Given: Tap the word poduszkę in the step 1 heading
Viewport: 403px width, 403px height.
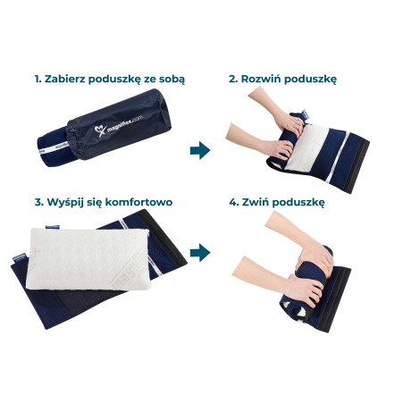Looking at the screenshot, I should pos(118,79).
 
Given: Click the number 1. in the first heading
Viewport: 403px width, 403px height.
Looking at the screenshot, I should pos(38,79).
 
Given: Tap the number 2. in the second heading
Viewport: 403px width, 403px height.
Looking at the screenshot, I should pos(233,79).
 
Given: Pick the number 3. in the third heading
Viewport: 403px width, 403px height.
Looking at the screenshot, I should pos(38,203).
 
